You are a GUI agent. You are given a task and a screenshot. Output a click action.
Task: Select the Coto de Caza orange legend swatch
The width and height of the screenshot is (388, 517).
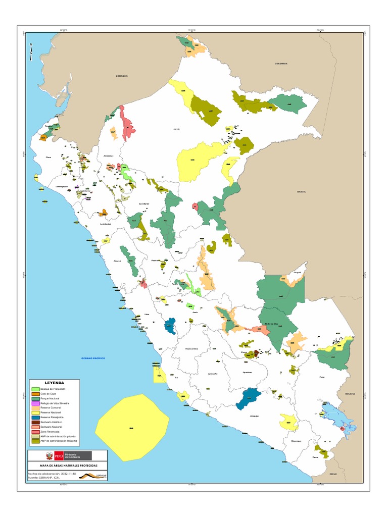click(35, 394)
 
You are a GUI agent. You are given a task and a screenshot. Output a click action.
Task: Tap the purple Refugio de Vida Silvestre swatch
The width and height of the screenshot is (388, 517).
click(35, 404)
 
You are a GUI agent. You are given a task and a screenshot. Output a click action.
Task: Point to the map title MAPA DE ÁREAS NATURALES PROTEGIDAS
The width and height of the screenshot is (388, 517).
click(69, 465)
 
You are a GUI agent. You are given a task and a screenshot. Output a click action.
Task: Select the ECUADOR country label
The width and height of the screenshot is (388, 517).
click(121, 76)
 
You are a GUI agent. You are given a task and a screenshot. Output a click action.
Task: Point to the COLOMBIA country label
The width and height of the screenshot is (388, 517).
click(281, 64)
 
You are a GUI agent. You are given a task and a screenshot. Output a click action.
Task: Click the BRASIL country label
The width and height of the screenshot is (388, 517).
click(302, 192)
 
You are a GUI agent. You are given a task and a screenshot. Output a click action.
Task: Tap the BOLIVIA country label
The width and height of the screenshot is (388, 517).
click(350, 393)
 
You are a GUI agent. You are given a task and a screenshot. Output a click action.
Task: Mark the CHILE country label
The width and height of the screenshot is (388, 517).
click(332, 474)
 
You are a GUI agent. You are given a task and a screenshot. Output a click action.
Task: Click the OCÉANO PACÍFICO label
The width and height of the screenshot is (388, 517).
click(93, 358)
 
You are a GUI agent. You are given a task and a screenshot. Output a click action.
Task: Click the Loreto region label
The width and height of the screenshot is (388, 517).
click(176, 129)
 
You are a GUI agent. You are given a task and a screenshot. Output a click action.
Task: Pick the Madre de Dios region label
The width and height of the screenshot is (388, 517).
click(272, 324)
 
